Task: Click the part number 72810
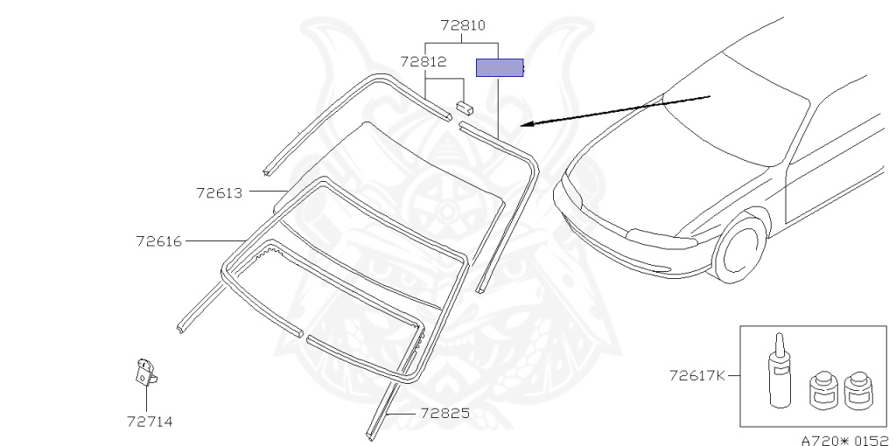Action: point(463,25)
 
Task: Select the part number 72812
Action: point(423,62)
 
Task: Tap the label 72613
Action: point(220,193)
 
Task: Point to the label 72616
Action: point(159,241)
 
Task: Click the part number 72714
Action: point(150,422)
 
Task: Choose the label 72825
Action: point(445,413)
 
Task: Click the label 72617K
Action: point(696,376)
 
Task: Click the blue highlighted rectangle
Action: point(500,67)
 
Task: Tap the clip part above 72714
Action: point(145,373)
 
